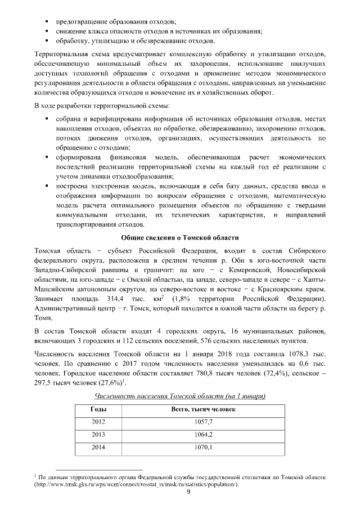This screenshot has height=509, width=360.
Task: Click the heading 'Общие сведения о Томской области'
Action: [x=180, y=238]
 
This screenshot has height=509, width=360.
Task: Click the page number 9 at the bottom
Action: [x=181, y=493]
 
